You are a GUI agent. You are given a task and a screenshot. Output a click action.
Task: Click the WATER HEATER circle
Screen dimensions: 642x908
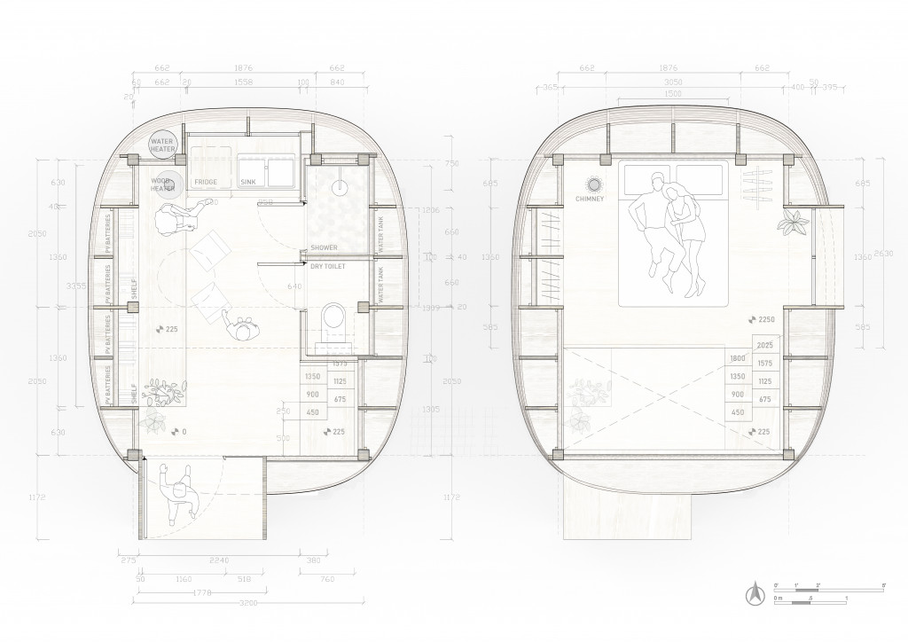(163, 145)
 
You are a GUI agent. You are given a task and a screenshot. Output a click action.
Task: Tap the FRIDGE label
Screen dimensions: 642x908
(206, 182)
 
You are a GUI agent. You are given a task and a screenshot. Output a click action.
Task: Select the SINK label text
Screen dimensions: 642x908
(247, 182)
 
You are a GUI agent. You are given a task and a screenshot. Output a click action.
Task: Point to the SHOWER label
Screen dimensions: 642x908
(324, 247)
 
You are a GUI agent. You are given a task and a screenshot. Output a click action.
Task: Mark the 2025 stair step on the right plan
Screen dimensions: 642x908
(767, 345)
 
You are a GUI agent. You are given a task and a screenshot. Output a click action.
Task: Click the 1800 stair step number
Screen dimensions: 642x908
(737, 359)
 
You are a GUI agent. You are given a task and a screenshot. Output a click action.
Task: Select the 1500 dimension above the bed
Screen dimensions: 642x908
(673, 93)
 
